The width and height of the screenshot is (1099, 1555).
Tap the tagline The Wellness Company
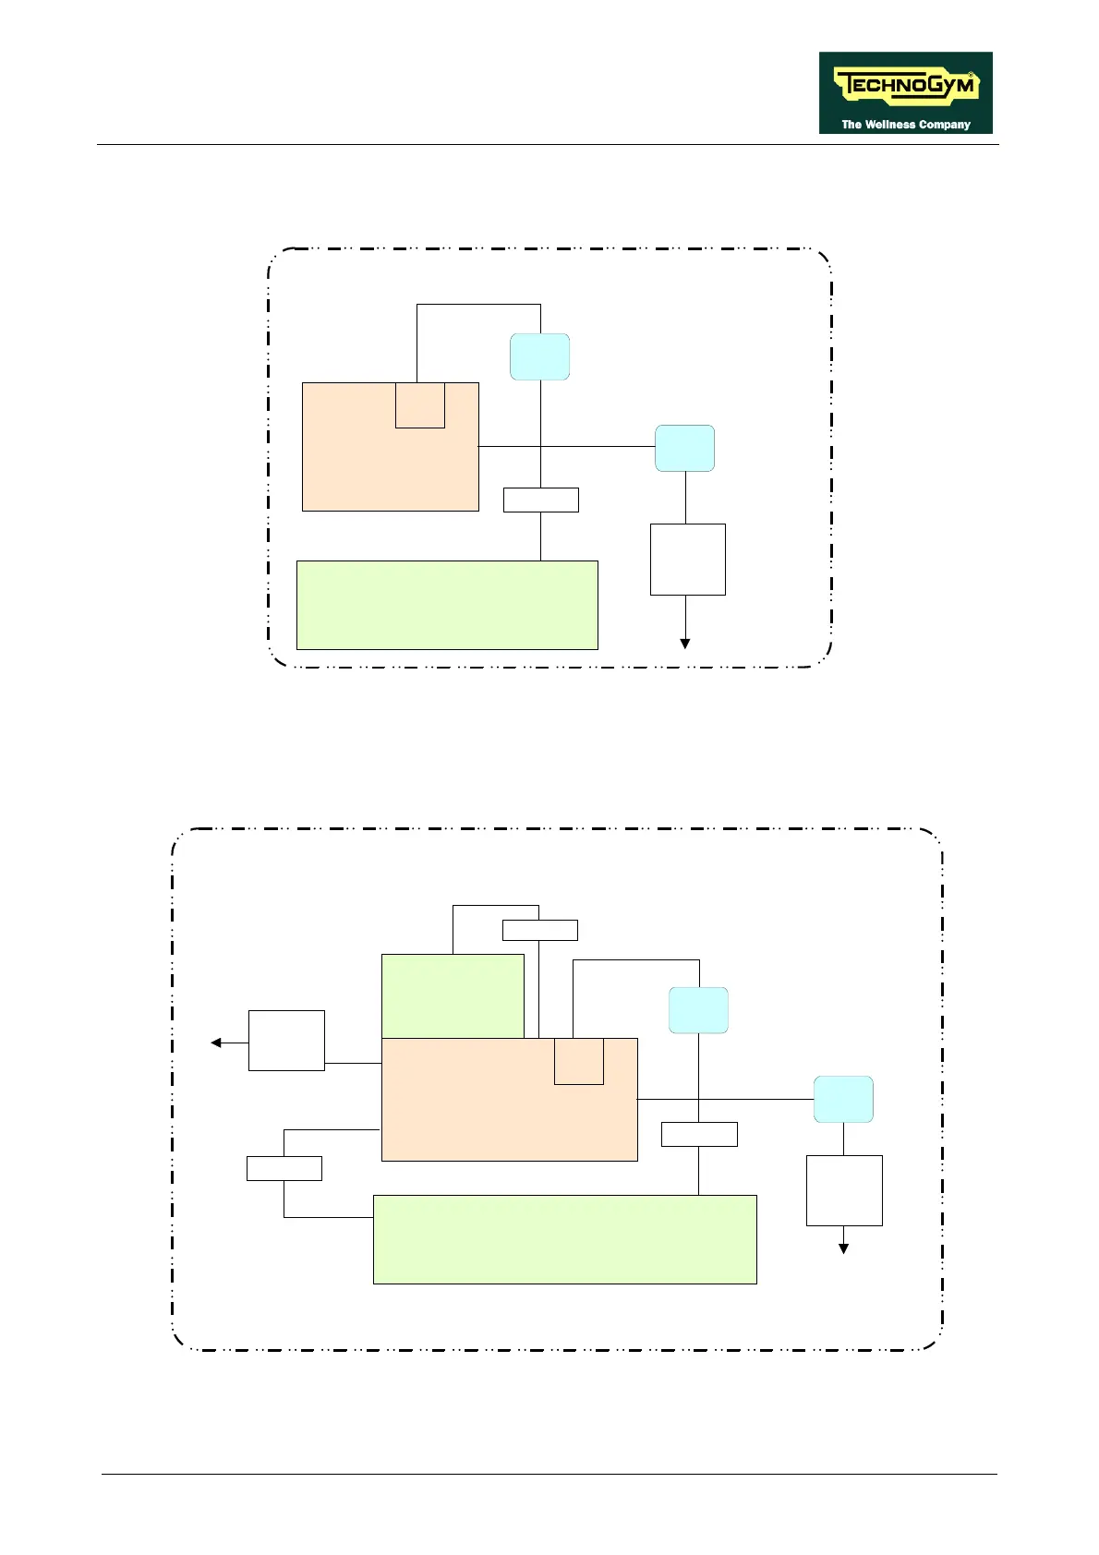905,125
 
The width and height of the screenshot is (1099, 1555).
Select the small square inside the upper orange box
420,405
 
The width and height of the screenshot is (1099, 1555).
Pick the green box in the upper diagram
447,605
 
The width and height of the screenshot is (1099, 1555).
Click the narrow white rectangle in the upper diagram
541,500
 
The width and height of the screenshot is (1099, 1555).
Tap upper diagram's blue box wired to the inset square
540,356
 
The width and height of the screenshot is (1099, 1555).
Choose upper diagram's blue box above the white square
684,448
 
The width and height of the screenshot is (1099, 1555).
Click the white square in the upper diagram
688,560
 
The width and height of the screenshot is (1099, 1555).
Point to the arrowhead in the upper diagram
685,644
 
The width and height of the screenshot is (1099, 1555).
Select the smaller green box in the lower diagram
453,995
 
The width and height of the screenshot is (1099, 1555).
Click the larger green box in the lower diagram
564,1239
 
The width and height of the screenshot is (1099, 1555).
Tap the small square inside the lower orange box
579,1061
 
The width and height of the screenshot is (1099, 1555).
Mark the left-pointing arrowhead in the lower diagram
216,1043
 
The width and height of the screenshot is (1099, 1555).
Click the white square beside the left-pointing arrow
286,1041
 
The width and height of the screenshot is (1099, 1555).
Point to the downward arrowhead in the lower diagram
843,1248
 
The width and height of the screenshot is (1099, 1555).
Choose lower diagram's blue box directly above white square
843,1099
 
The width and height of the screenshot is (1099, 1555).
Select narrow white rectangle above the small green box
540,930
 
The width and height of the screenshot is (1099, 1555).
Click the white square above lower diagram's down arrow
844,1190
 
